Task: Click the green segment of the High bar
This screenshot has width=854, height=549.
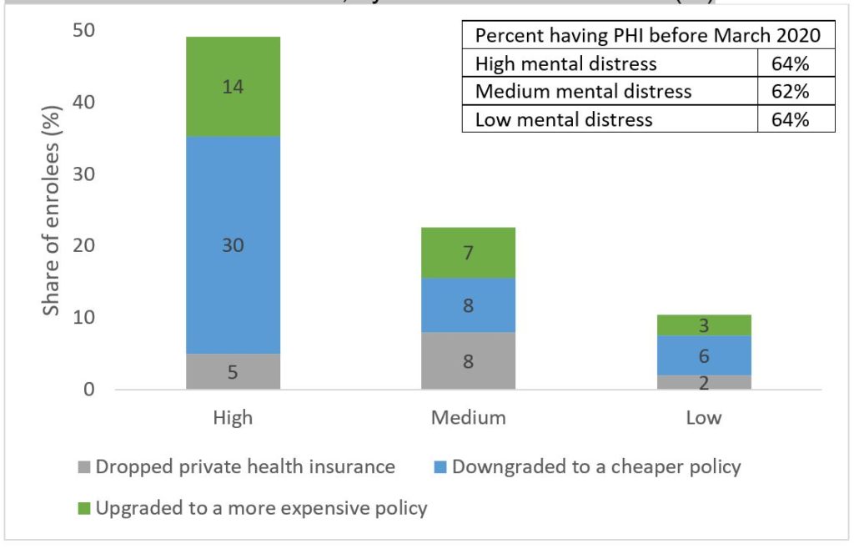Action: (233, 86)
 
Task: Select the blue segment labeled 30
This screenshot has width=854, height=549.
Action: (233, 245)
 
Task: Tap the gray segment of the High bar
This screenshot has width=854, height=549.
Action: (233, 371)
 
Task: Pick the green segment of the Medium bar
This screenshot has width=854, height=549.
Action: (468, 252)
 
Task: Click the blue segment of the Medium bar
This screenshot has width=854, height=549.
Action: (468, 305)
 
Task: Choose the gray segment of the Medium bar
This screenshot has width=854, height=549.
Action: (468, 360)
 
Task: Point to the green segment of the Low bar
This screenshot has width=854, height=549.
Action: (703, 325)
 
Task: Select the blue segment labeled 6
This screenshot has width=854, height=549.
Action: (703, 355)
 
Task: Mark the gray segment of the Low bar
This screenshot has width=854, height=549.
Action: (703, 382)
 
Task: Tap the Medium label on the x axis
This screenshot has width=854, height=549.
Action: (468, 417)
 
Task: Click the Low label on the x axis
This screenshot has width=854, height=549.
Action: (703, 417)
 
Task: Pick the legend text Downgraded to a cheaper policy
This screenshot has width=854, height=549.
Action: (596, 466)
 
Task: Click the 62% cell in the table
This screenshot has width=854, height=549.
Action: (796, 91)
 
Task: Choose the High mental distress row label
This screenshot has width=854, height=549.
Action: (565, 63)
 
